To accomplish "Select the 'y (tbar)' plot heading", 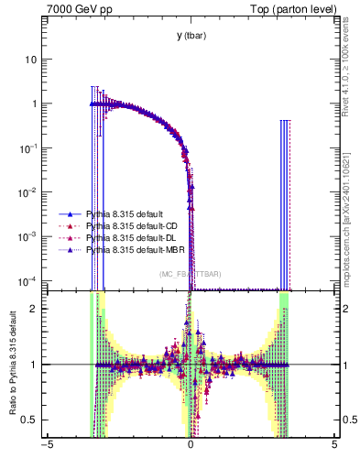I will coord(191,36).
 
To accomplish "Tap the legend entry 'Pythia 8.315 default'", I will coord(125,213).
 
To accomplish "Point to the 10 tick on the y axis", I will coord(31,60).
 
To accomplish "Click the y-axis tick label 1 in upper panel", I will coord(34,104).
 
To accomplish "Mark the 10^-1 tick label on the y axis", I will coord(28,147).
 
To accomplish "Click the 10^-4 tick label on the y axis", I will coord(28,279).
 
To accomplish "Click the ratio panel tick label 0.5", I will coord(30,420).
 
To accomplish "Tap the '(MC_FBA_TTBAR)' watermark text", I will coord(191,275).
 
